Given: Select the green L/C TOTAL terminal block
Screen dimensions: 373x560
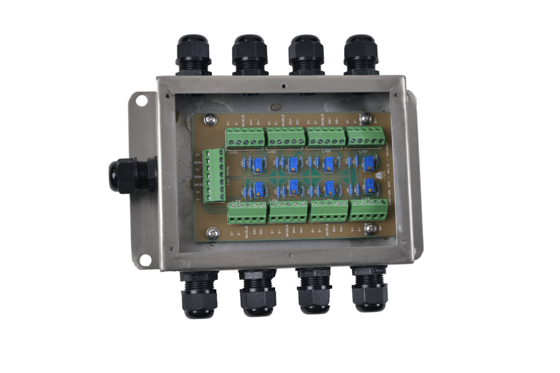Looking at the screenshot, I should (x=214, y=175).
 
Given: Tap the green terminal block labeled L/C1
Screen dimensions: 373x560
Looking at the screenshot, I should (x=244, y=138).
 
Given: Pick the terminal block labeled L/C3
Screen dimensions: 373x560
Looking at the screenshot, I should (x=285, y=138).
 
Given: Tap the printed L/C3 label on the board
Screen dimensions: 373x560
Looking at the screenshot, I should (x=272, y=150).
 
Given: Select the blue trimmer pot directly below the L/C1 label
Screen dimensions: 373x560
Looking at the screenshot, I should (x=258, y=161).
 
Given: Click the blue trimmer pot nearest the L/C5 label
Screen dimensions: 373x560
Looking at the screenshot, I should (x=329, y=162).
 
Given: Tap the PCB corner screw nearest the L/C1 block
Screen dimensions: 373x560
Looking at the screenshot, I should (x=210, y=120).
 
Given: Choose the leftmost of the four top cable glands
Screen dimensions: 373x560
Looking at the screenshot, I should (x=193, y=55).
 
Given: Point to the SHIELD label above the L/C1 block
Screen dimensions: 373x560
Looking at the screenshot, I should (x=243, y=120).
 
